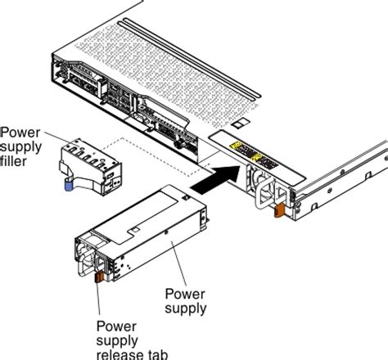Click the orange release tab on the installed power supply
pos(278,212)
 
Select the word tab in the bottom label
pos(155,353)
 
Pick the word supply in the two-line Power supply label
pos(185,308)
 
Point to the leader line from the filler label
pos(54,140)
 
